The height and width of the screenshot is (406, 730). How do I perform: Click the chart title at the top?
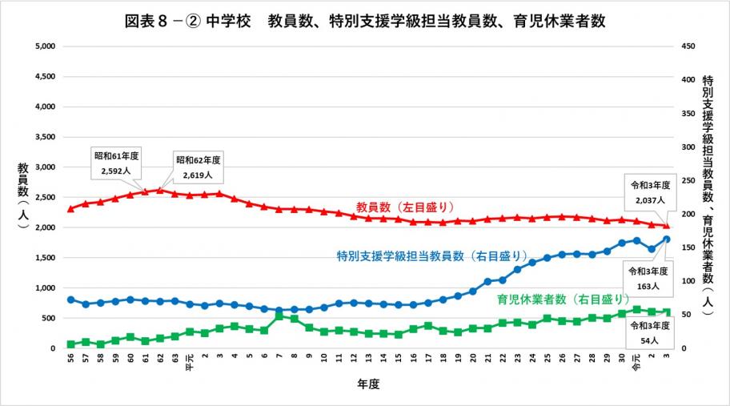click(x=365, y=20)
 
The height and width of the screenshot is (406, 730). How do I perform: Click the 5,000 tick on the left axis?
click(x=42, y=46)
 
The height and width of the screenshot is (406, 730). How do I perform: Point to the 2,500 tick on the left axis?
click(x=42, y=197)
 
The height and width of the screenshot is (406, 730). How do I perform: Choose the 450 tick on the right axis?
click(x=686, y=46)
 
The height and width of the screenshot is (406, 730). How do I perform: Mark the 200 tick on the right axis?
click(x=686, y=214)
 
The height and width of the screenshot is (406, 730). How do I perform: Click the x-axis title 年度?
click(x=367, y=384)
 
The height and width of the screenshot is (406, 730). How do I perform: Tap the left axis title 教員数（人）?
click(x=23, y=197)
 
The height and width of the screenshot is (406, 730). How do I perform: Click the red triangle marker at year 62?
click(x=159, y=190)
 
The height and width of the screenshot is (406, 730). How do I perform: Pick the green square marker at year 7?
click(x=279, y=316)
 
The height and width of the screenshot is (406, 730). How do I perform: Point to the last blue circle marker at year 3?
click(x=667, y=239)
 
